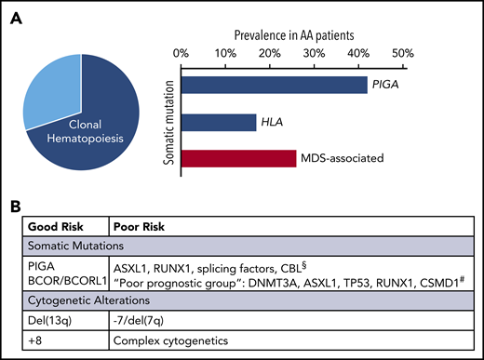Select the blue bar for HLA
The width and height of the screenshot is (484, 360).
(219, 122)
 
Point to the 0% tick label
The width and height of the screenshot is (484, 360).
(182, 53)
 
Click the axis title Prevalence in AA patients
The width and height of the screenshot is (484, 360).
(292, 32)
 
